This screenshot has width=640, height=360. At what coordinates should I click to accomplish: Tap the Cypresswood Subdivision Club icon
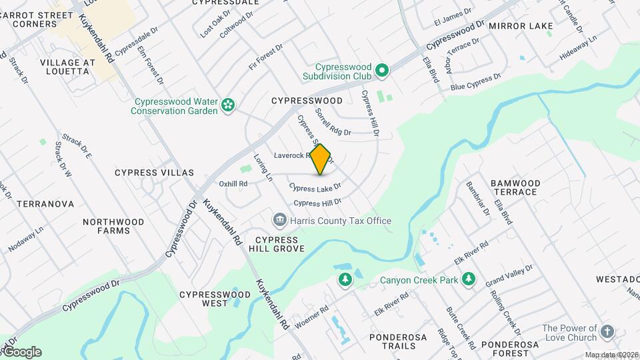point(381,69)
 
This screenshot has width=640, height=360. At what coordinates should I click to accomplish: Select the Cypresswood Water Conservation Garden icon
point(228,104)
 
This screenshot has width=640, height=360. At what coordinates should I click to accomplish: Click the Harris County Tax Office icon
point(279,220)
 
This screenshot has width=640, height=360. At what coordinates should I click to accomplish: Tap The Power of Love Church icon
point(607,331)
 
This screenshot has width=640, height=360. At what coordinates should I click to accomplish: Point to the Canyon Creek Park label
point(419,280)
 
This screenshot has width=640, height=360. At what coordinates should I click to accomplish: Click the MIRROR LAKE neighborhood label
point(521,26)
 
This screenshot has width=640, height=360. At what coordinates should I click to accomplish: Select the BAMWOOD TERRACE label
point(514,187)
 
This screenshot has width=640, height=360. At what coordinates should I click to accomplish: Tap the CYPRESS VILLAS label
point(154,173)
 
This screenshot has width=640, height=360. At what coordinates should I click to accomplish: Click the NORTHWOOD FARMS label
point(113,226)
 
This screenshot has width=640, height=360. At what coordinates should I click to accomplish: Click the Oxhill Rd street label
point(233,184)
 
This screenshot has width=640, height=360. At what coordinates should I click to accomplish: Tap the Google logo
point(21,352)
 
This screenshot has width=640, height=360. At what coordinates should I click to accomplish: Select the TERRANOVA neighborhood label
point(45,204)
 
